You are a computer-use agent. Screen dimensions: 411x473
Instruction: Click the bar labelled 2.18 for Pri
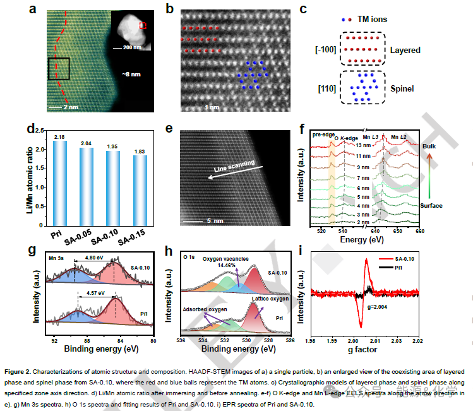point(59,184)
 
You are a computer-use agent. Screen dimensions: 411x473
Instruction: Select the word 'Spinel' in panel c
point(402,89)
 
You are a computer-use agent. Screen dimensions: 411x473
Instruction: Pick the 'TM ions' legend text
point(374,20)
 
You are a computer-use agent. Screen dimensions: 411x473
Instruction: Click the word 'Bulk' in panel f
point(430,145)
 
